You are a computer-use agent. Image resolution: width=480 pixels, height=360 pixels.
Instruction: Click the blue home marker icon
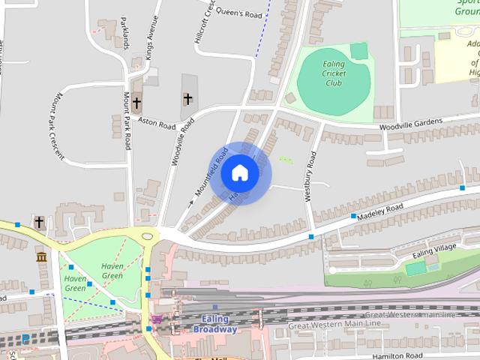[239, 172]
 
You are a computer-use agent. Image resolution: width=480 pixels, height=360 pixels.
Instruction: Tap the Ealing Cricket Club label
[333, 73]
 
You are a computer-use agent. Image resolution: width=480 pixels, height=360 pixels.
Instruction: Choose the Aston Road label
[156, 121]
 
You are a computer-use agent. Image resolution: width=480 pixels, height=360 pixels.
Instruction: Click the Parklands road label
[124, 34]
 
